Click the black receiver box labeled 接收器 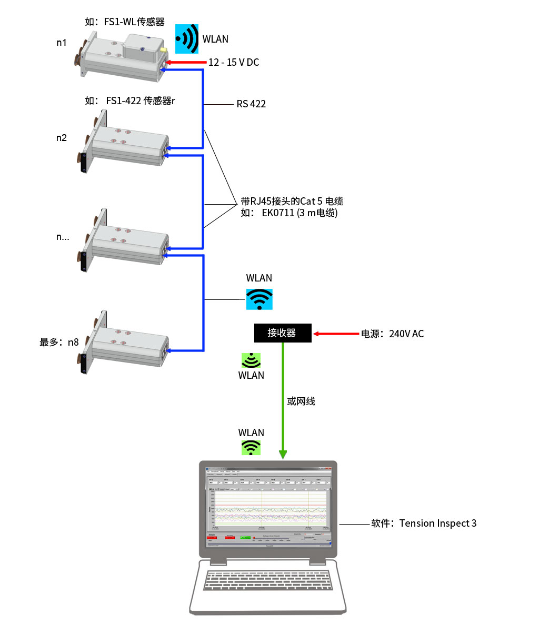(283, 333)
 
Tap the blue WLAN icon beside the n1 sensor (187, 39)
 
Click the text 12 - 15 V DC (234, 62)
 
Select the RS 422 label (251, 104)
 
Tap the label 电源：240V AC (392, 334)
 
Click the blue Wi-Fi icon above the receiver (259, 299)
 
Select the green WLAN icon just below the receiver (251, 361)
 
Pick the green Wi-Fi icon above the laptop (251, 447)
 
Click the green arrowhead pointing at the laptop (283, 454)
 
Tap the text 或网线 (301, 401)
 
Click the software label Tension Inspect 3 (424, 523)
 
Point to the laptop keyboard (268, 580)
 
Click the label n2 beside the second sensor (62, 138)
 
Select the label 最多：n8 (59, 342)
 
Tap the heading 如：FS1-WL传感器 (125, 22)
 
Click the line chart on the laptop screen (268, 508)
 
